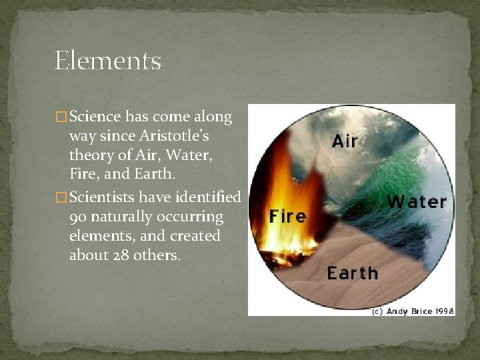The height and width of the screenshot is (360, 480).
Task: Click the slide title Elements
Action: pos(108,61)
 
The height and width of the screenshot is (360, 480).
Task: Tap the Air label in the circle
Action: pos(345,141)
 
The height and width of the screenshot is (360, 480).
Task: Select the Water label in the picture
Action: pos(417,201)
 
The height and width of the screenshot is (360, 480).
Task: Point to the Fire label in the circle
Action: pos(287,216)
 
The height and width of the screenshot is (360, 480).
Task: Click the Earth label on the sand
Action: pos(352,273)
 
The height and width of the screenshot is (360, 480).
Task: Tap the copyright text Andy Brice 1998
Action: pos(413,311)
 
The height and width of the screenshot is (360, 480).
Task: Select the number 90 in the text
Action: pos(78,217)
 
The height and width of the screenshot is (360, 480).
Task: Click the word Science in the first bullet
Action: pos(95,117)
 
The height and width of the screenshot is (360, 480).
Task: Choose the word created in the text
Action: pos(197,236)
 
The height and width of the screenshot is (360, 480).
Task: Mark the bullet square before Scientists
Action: pos(62,198)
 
